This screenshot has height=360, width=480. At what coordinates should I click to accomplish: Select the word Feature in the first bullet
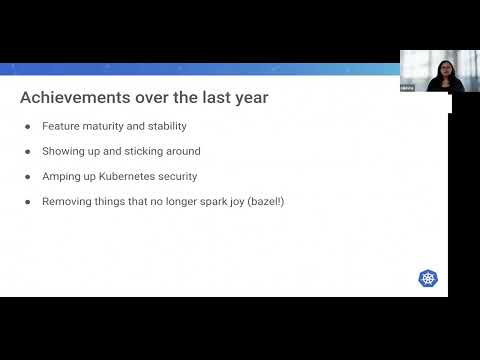coord(59,127)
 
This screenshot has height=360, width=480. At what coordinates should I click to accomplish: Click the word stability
coord(164,127)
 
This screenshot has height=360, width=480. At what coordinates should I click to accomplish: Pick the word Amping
coord(60,176)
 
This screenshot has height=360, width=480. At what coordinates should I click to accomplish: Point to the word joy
coord(229,201)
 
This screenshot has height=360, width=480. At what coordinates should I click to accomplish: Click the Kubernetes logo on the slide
coord(428,278)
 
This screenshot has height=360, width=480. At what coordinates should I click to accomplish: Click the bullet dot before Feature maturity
coord(27,127)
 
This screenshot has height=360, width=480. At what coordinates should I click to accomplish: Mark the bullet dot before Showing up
coord(27,151)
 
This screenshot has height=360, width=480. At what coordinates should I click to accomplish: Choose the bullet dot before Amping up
coord(27,176)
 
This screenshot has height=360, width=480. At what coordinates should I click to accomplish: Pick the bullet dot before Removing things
coord(27,201)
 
